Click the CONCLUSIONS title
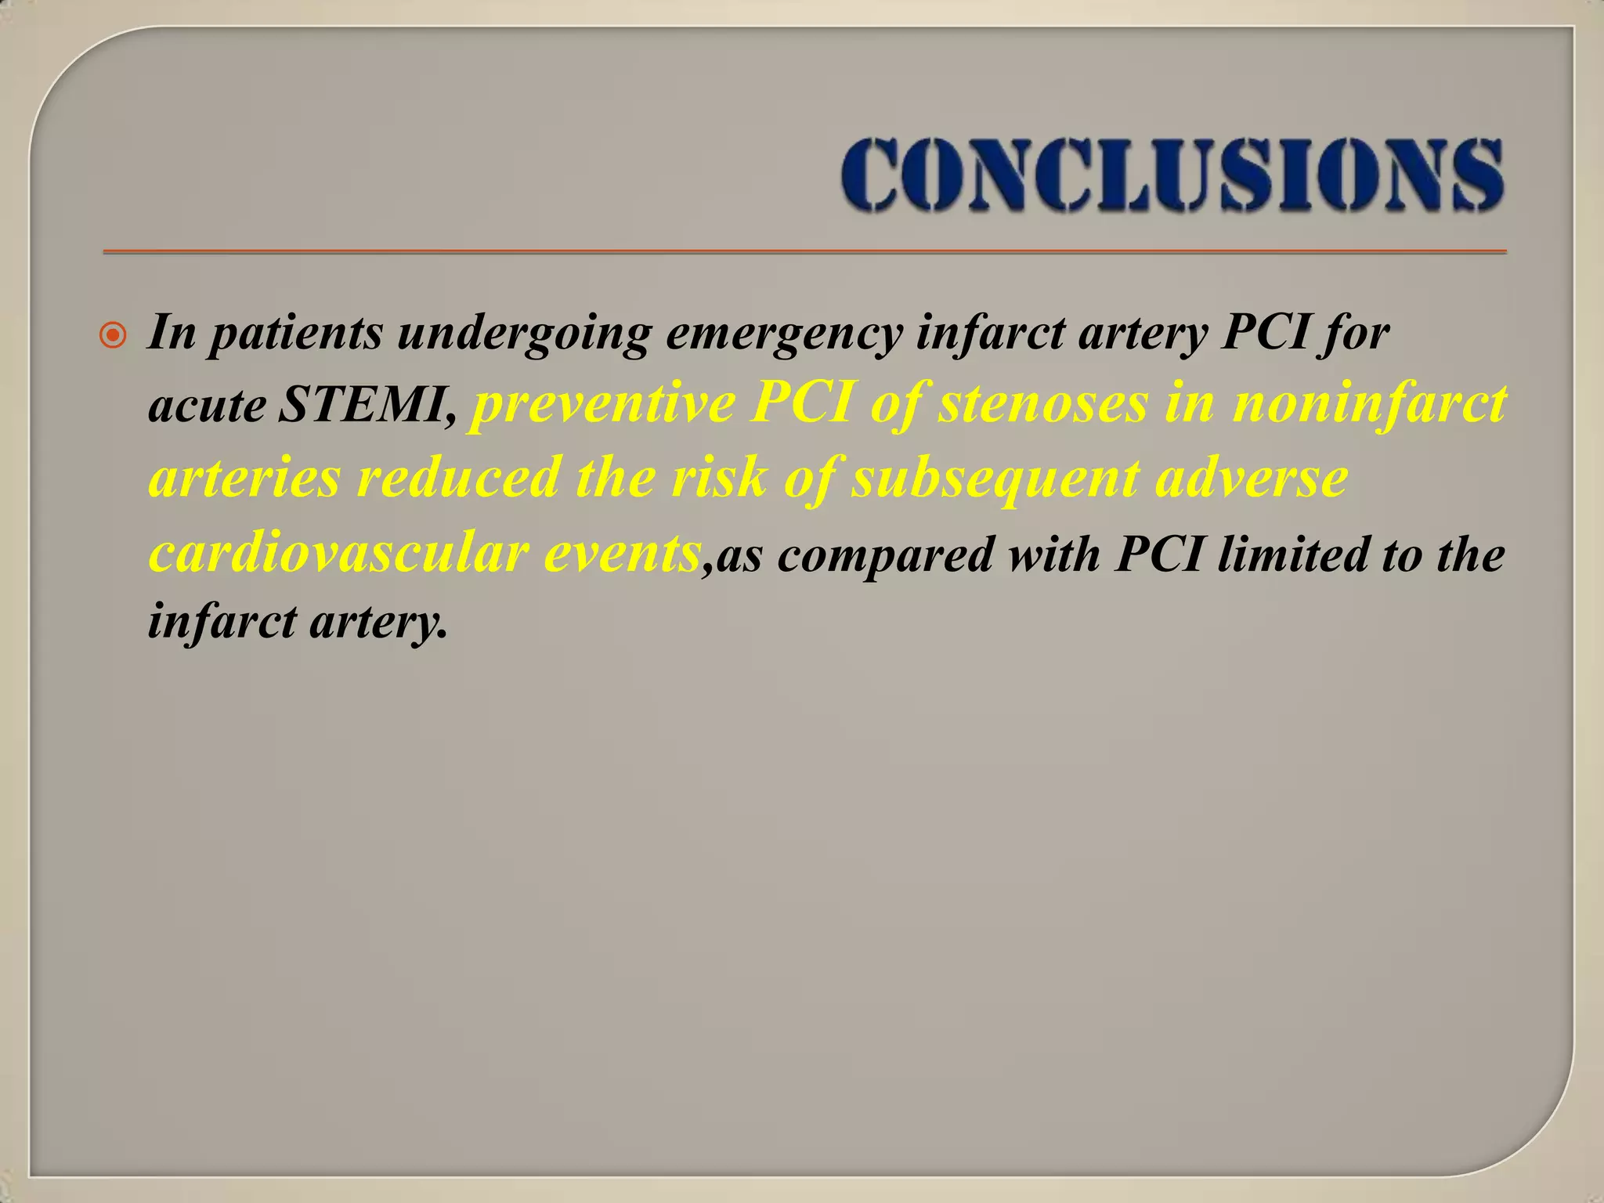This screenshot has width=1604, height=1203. (1172, 175)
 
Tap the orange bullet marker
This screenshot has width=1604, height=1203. (114, 337)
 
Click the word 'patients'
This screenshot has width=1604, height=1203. (297, 334)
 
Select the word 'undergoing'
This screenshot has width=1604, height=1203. (524, 334)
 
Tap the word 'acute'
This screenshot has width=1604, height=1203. (207, 407)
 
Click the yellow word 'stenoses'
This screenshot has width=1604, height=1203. (1042, 403)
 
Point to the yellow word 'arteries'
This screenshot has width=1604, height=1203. (244, 478)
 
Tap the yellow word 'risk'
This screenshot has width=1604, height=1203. (719, 478)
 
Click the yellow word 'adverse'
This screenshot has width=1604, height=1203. (1252, 478)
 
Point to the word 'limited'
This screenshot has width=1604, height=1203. (1292, 555)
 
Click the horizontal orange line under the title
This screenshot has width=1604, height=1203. (804, 252)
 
